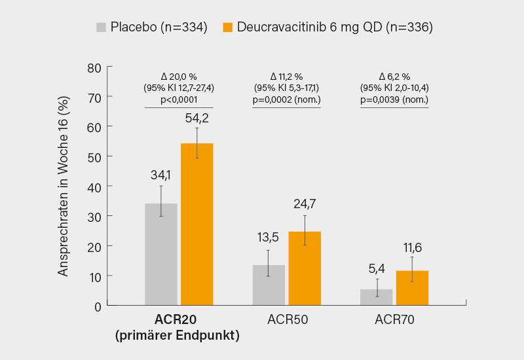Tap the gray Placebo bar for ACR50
click(269, 285)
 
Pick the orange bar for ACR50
click(305, 268)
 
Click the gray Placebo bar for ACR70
click(377, 297)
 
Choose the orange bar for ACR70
click(413, 287)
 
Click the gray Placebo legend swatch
click(101, 27)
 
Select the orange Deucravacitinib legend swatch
click(228, 27)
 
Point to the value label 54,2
click(197, 118)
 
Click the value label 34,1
click(161, 175)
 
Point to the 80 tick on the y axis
click(95, 67)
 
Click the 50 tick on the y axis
click(95, 156)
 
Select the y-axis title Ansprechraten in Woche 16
click(63, 187)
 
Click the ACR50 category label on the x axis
click(287, 320)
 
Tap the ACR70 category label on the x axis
click(394, 320)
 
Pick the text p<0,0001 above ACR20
click(179, 99)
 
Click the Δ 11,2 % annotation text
click(287, 76)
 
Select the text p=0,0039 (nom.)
click(394, 99)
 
